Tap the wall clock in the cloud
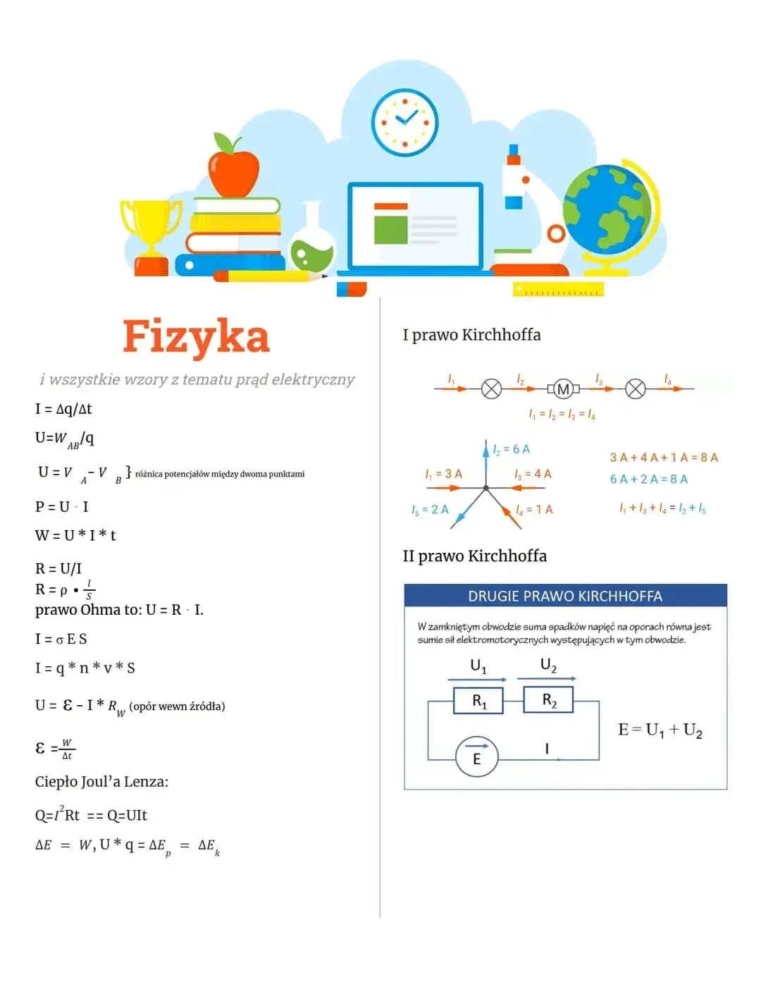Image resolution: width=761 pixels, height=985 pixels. (x=405, y=122)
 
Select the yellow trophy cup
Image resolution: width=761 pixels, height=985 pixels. (x=151, y=226)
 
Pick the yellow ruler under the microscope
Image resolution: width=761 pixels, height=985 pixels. (x=558, y=290)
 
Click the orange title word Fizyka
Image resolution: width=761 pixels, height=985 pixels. (x=196, y=336)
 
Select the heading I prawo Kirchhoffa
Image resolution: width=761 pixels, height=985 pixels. (x=471, y=335)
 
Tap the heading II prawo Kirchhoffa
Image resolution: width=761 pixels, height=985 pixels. (x=474, y=556)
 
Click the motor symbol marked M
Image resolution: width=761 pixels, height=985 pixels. (x=563, y=389)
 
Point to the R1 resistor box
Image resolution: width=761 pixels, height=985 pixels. (x=478, y=701)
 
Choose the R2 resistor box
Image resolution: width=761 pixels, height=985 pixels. (x=548, y=700)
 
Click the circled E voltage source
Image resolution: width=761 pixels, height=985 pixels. (x=477, y=757)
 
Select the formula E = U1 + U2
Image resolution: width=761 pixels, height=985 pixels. (x=660, y=730)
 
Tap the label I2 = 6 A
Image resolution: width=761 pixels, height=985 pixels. (x=512, y=449)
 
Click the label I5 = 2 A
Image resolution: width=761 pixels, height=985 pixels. (x=430, y=510)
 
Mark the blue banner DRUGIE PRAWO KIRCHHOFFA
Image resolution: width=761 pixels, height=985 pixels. (x=565, y=596)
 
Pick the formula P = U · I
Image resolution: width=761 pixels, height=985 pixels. (x=62, y=507)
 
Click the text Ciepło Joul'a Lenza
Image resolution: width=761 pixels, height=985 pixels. (x=101, y=782)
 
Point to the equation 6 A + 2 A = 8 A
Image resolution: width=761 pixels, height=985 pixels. (x=648, y=479)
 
